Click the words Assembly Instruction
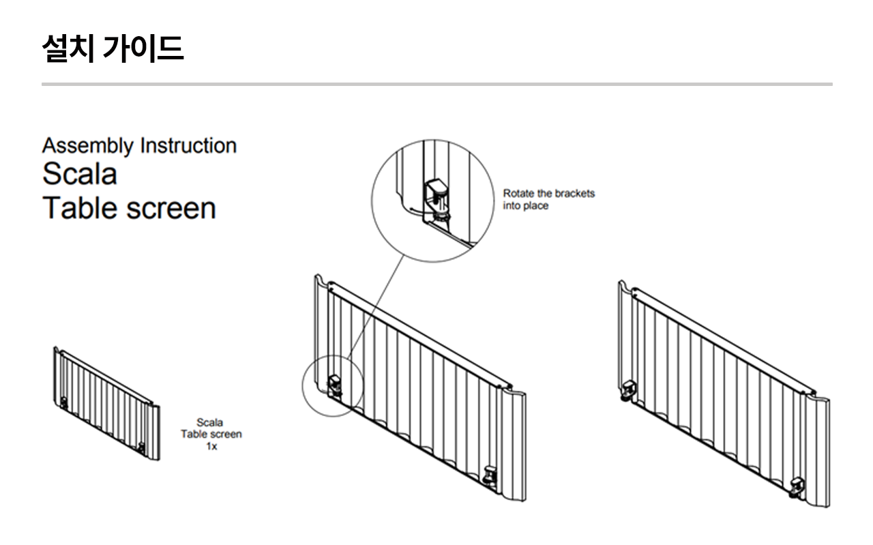139,145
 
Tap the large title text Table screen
129,207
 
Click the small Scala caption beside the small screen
211,423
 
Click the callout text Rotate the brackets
548,193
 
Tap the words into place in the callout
525,205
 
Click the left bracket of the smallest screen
64,402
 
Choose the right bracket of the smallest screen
141,447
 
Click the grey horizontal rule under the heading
436,84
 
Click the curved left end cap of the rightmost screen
624,334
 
